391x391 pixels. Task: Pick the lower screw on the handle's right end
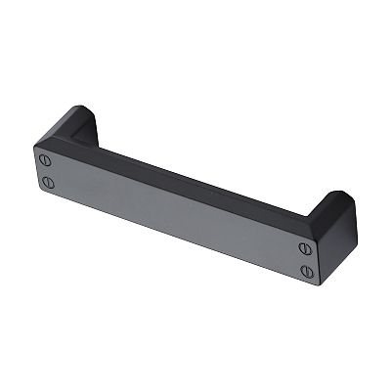point(304,271)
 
